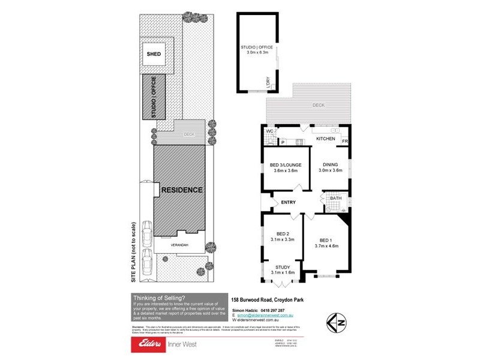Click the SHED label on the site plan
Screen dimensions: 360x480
[154, 54]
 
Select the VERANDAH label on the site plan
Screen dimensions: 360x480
[180, 245]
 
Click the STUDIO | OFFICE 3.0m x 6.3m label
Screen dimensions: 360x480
[257, 49]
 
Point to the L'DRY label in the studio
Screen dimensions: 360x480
[268, 82]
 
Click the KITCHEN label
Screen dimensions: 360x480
[325, 139]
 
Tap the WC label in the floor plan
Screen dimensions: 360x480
[270, 130]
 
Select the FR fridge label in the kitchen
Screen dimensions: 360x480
[344, 141]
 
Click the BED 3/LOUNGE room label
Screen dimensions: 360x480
[286, 167]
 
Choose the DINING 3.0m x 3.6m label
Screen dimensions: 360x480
[331, 167]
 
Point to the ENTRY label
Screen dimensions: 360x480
[288, 203]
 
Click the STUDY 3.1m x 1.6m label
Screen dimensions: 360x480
[282, 270]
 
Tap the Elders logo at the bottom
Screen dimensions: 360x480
[148, 345]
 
